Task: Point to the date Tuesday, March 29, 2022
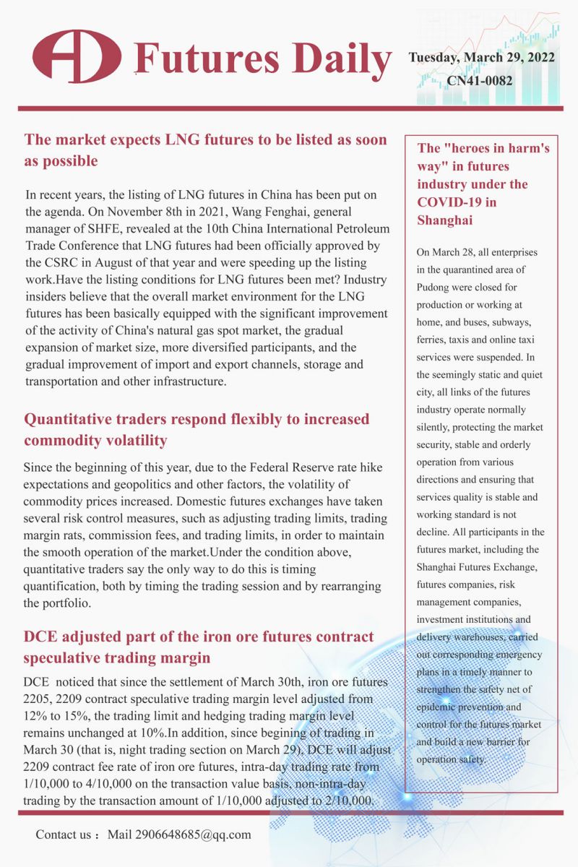482,58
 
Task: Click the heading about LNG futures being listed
206,150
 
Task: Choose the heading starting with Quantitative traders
197,429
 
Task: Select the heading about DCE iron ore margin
199,647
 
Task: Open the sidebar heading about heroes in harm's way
483,184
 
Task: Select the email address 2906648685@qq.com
180,834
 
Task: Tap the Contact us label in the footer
65,834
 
